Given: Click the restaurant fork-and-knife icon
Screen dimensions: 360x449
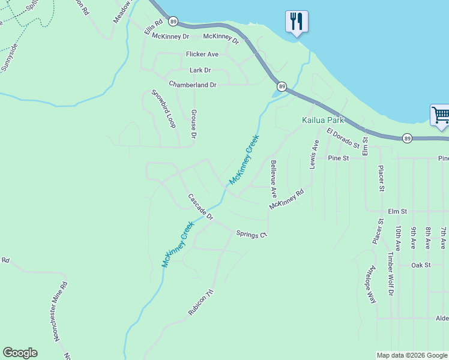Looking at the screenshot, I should (297, 22).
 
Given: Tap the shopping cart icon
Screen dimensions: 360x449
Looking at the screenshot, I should (440, 115).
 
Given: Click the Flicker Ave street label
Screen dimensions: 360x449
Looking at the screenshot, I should (202, 54).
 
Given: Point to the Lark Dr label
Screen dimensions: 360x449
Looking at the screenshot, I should (200, 70).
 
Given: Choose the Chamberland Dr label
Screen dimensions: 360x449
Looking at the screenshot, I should (192, 85).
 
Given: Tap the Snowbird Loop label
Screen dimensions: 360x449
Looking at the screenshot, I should (163, 109).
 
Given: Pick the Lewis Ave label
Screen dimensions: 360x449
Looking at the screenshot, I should (314, 154).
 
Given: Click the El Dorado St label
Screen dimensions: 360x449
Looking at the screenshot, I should (343, 138).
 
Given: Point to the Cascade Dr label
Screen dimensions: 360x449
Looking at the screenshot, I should (200, 206).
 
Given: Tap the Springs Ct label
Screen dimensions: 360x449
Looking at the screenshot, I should (251, 235).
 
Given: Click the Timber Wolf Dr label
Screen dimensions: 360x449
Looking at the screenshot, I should (390, 274).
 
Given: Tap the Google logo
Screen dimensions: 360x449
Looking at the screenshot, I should (20, 353).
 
